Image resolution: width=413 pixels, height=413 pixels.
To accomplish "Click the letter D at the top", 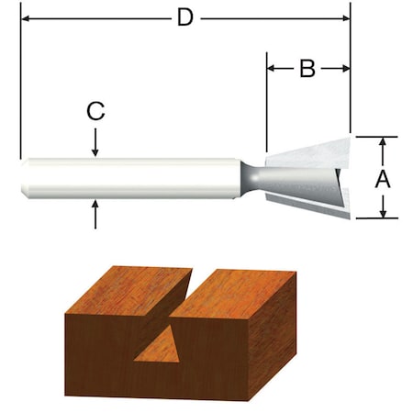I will (x=185, y=17).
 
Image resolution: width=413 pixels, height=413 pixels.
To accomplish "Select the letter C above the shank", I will (x=95, y=112).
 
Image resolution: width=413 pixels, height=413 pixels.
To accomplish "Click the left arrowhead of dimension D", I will (x=24, y=17).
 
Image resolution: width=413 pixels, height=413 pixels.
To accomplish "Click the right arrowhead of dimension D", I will (x=346, y=17).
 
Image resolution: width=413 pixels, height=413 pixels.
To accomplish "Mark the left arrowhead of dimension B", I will (x=271, y=67).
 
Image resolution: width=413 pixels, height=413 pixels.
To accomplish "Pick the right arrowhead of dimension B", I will (x=346, y=67).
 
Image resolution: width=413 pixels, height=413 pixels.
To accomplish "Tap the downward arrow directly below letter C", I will (x=95, y=150).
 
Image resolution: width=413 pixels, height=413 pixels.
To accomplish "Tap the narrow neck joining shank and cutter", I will (x=250, y=176).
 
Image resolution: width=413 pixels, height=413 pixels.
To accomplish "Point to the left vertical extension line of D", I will (x=19, y=92).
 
